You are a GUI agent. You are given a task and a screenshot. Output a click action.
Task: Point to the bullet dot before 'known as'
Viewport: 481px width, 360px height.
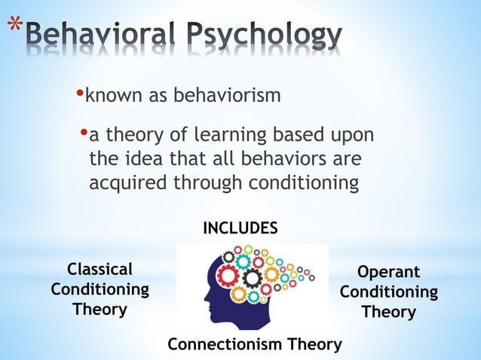point(81,94)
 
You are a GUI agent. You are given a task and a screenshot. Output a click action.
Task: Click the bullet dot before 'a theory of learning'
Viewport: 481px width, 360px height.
point(84,134)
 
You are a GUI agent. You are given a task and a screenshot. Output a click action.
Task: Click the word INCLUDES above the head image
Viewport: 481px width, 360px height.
point(240,228)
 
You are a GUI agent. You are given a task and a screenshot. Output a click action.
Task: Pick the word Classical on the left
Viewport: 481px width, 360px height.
point(100,270)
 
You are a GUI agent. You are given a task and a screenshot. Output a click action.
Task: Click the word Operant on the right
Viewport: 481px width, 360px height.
point(388,272)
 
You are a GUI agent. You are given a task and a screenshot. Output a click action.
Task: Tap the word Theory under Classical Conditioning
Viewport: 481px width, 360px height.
point(100,309)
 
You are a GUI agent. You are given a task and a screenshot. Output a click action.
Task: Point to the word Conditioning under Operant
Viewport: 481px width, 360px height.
point(388,291)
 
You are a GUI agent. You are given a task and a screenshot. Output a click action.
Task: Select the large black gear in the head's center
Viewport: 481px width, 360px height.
point(252,279)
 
